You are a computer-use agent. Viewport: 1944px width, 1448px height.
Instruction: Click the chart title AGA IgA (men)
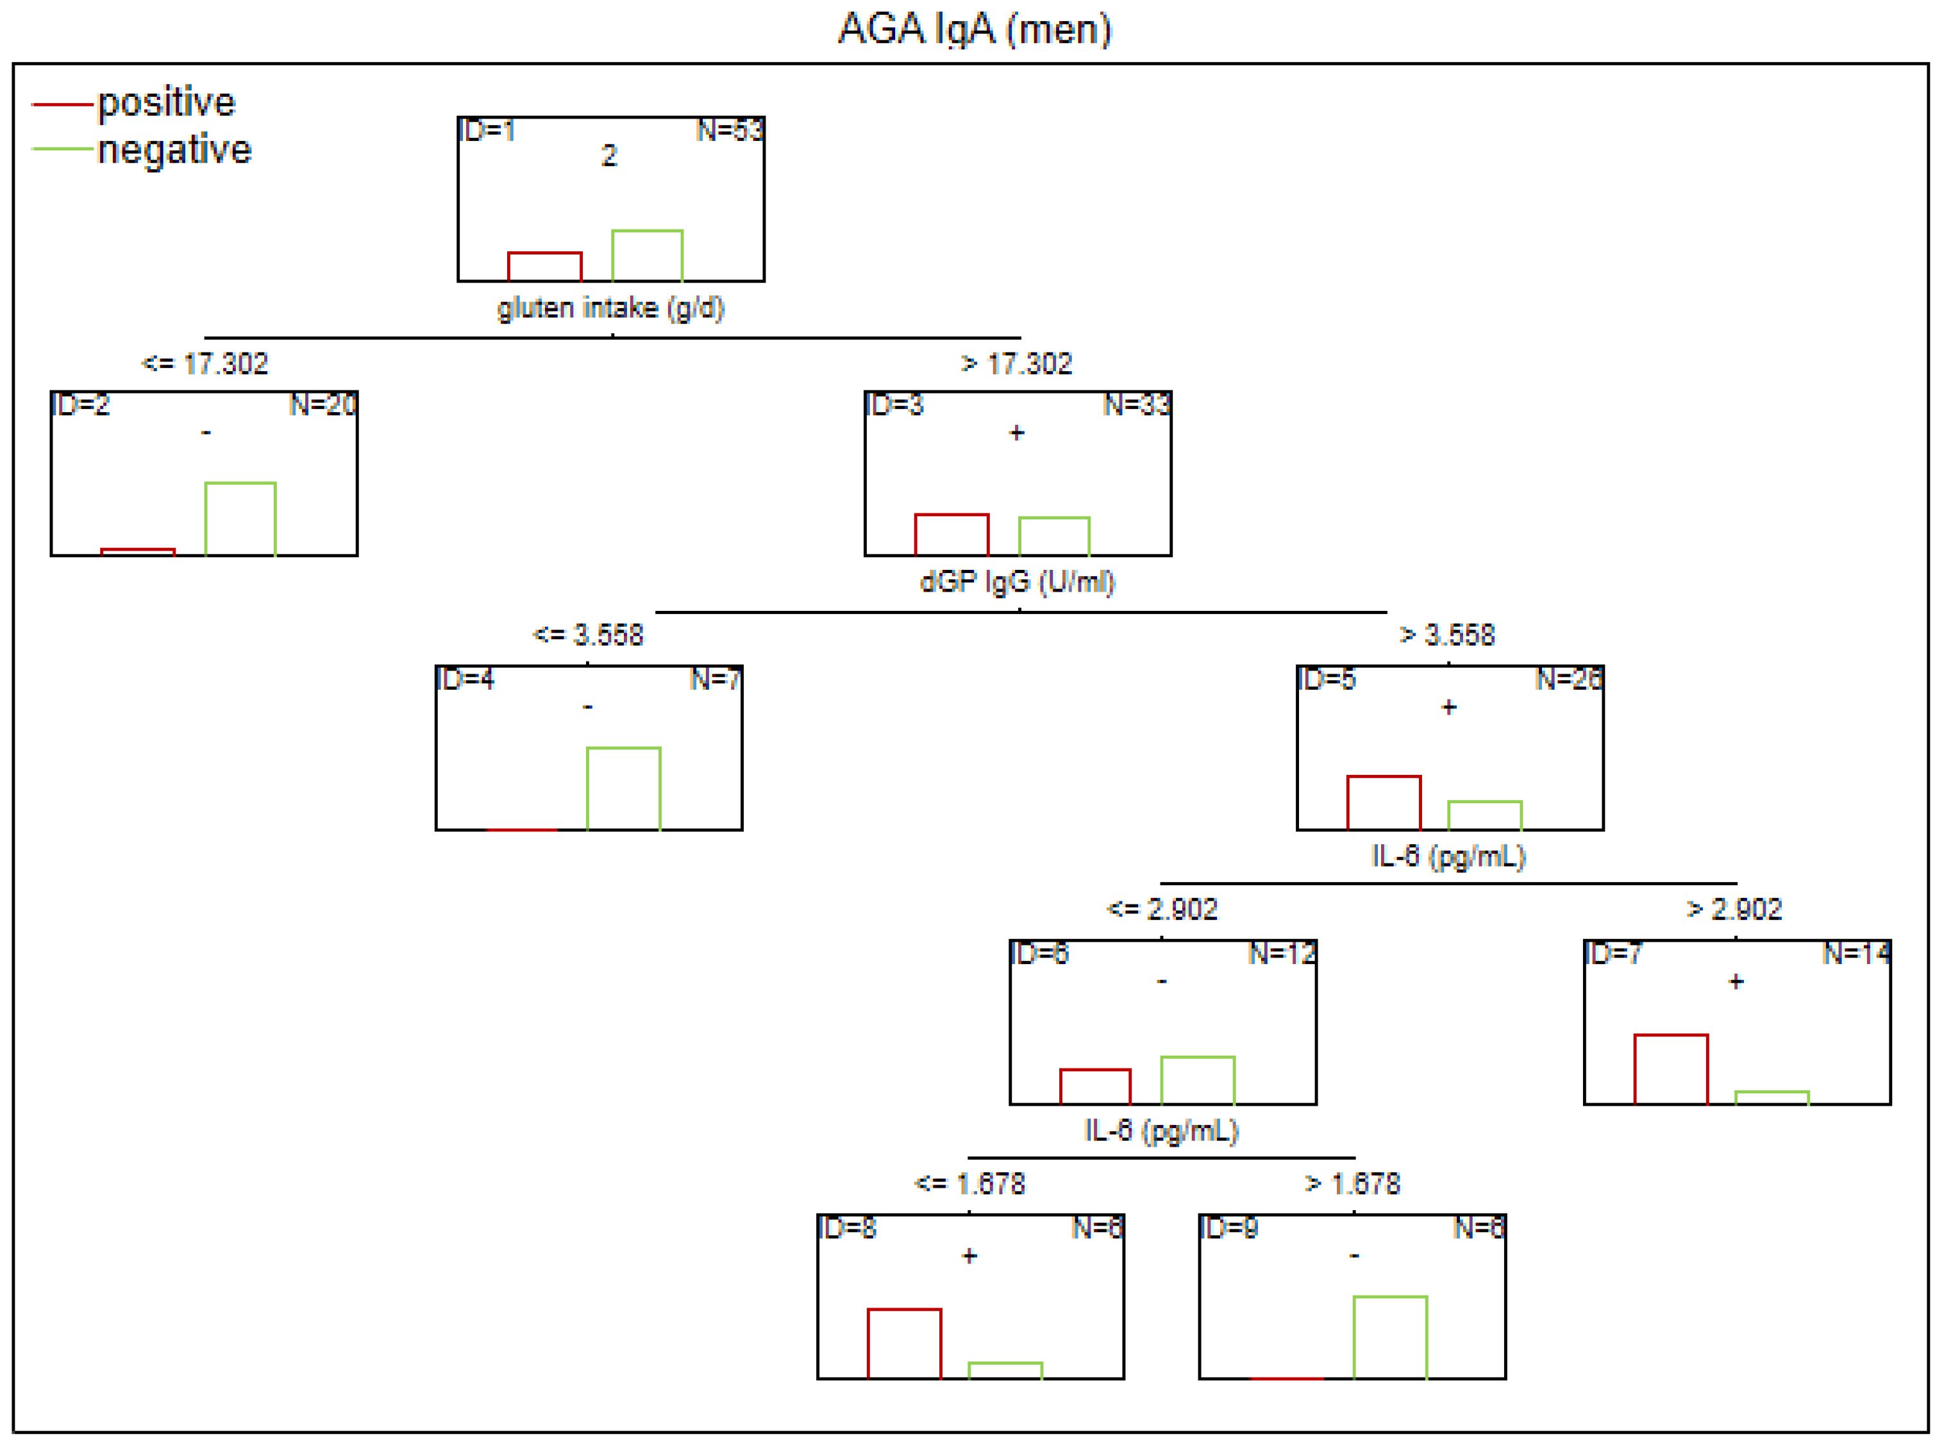tap(974, 29)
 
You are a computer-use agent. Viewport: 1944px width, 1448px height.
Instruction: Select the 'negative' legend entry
tap(174, 150)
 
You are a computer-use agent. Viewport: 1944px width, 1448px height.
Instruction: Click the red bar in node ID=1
tap(544, 267)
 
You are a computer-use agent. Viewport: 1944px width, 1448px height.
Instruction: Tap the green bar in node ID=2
tap(240, 519)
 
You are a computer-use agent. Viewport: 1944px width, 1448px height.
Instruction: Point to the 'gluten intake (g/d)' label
tap(611, 308)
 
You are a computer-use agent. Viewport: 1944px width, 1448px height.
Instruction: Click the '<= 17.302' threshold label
tap(205, 363)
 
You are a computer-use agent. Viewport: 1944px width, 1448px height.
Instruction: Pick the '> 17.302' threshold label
tap(1016, 363)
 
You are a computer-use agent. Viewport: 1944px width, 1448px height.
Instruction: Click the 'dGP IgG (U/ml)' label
tap(1017, 582)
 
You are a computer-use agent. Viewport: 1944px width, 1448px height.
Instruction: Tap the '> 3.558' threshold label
tap(1447, 635)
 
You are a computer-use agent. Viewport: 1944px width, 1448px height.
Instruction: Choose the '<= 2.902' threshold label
tap(1162, 909)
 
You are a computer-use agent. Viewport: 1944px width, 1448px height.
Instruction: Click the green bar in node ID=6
tap(1198, 1080)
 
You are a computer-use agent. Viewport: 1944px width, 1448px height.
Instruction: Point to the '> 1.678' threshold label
tap(1353, 1184)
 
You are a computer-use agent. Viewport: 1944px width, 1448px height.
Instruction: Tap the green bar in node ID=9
tap(1390, 1338)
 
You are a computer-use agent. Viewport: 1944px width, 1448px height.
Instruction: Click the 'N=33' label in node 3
tap(1136, 405)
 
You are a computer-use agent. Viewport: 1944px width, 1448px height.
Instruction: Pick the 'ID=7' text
tap(1613, 954)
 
